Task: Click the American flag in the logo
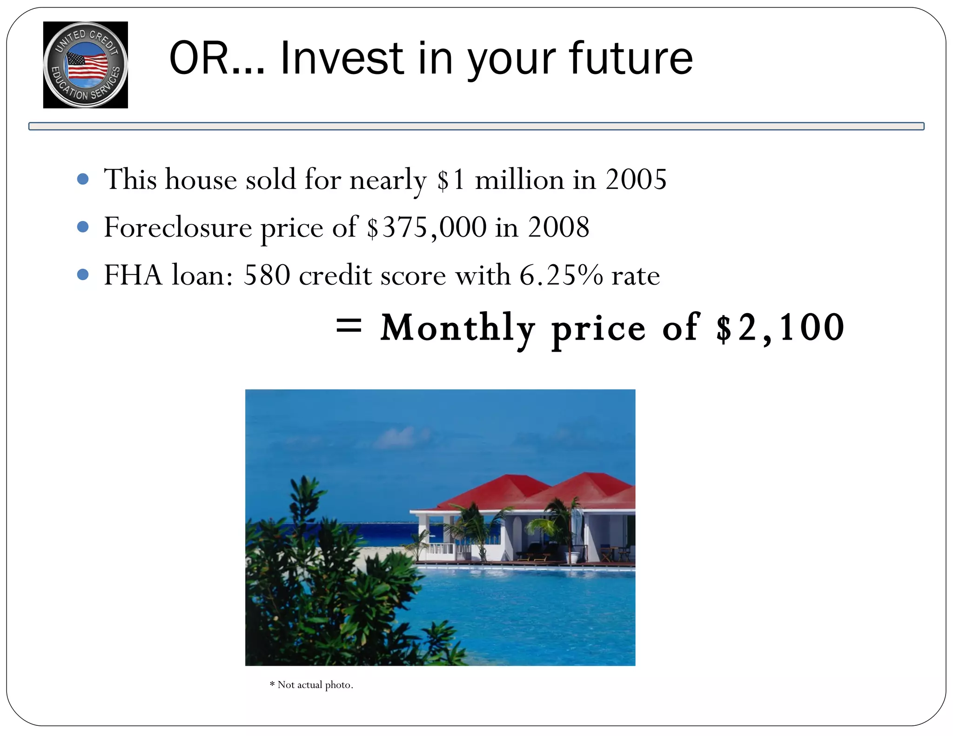click(x=87, y=66)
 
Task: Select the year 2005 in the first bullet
click(x=636, y=180)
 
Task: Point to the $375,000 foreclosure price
click(x=426, y=227)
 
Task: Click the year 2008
click(x=558, y=227)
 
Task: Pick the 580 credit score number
click(x=267, y=275)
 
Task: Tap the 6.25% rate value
click(x=561, y=275)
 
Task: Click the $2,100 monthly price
click(x=780, y=328)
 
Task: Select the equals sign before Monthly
click(x=349, y=326)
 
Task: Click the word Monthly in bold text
click(x=457, y=328)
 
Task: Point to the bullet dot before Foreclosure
click(x=83, y=227)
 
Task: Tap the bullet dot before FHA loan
click(x=83, y=274)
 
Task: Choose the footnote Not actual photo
click(x=311, y=685)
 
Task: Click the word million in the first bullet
click(x=519, y=180)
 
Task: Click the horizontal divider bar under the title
click(x=476, y=126)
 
